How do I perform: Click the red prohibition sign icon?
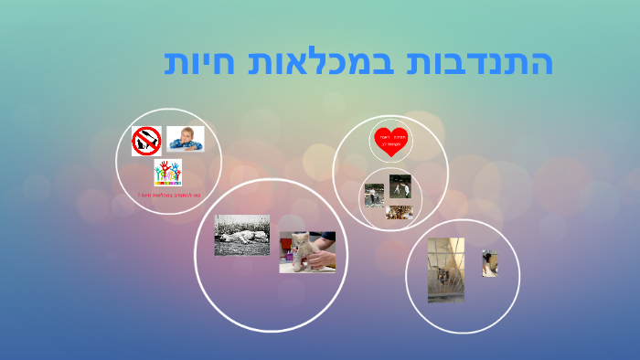[x=146, y=141]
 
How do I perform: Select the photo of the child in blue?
[x=186, y=139]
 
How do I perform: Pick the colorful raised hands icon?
[x=167, y=172]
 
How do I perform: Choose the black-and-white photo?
[x=241, y=235]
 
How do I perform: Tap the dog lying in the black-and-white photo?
[x=240, y=239]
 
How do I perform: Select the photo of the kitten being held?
[x=307, y=251]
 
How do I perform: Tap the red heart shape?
[x=391, y=140]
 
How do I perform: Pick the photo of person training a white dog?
[x=374, y=194]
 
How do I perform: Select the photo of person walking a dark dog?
[x=400, y=186]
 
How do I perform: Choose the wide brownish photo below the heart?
[x=399, y=212]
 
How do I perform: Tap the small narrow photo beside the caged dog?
[x=489, y=263]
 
